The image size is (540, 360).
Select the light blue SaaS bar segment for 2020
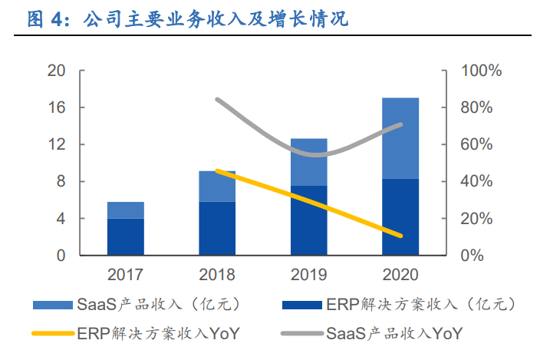tap(400, 138)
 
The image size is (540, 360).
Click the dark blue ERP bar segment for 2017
tap(126, 236)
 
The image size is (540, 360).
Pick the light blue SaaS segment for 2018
tap(217, 187)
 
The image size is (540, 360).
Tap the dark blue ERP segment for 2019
tap(309, 220)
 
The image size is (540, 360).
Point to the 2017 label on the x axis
tap(126, 274)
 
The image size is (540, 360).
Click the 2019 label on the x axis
tap(309, 274)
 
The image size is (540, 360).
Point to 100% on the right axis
tap(480, 71)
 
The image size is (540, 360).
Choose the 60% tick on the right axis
tap(477, 144)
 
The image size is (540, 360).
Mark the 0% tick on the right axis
tap(473, 256)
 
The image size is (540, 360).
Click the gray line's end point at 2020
tap(400, 124)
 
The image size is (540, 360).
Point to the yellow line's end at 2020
tap(400, 236)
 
